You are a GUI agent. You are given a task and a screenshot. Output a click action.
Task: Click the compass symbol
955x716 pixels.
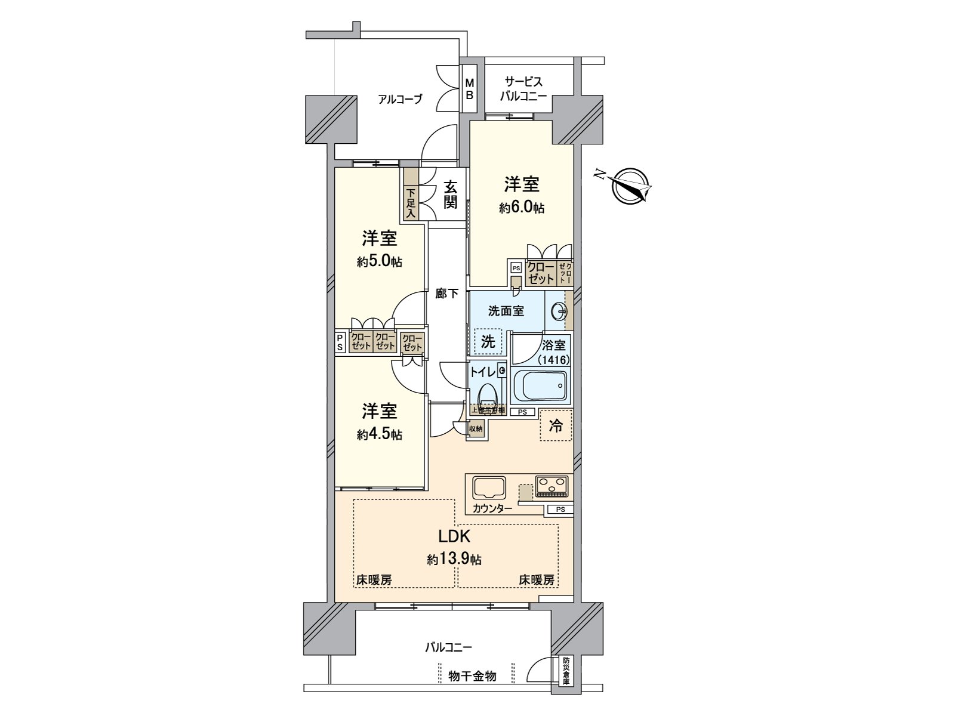coord(630,186)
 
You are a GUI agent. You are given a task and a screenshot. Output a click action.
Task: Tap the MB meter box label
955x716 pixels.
coord(470,89)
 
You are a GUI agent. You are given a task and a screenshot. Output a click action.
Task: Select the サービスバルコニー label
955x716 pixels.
coord(523,88)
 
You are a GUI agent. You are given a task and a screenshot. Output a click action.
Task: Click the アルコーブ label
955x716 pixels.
coord(400,99)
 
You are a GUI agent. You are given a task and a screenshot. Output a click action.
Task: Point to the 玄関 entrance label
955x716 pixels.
coord(450,195)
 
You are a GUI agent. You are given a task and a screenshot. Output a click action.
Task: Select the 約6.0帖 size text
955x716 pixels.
coord(522,208)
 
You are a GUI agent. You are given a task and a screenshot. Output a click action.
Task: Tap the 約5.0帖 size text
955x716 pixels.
coord(380,261)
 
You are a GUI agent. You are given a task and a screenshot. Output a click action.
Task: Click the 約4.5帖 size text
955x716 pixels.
coord(380,434)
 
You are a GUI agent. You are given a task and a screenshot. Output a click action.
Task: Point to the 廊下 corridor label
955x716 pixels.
coord(446,294)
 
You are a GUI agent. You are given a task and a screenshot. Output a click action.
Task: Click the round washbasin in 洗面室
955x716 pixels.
coord(559,311)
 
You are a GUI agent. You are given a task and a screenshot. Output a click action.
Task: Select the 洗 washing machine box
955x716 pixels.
coord(488,342)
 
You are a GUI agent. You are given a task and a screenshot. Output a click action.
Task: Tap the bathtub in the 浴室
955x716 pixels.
coord(542,386)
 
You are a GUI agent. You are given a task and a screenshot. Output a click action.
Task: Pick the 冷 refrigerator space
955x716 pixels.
coord(556,425)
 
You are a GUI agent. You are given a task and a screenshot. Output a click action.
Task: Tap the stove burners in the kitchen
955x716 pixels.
coord(552,486)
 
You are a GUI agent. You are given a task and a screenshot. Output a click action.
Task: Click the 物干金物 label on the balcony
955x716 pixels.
coord(472,676)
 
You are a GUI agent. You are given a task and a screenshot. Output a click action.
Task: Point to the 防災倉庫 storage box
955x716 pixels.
coord(565,671)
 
